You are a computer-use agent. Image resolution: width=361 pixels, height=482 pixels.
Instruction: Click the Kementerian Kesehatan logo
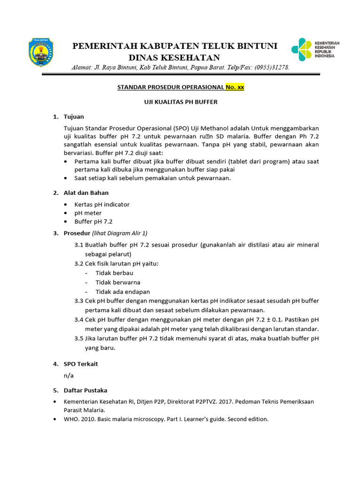point(314,49)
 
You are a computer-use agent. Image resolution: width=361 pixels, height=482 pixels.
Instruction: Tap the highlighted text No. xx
point(235,87)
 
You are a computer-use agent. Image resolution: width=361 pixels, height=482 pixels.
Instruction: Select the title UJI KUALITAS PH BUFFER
point(180,102)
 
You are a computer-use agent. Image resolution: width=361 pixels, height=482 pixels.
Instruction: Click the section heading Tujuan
point(74,116)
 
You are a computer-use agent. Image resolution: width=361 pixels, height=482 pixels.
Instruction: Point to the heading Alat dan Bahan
point(86,193)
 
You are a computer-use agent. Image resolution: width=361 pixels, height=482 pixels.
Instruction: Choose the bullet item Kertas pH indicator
point(102,204)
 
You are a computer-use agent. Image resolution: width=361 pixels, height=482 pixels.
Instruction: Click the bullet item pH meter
point(88,213)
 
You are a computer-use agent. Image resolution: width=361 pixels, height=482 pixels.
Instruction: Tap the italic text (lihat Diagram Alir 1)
point(120,233)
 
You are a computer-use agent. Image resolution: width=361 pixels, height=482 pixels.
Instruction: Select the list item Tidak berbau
point(114,273)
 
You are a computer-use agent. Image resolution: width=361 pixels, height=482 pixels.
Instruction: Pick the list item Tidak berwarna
point(118,282)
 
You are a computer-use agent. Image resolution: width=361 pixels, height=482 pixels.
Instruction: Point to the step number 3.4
point(78,320)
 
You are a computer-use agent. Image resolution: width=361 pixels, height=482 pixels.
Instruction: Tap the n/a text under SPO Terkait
point(69,376)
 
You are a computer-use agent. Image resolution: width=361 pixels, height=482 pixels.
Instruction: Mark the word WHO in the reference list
point(71,418)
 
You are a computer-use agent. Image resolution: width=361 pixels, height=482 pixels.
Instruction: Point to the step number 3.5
point(78,338)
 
